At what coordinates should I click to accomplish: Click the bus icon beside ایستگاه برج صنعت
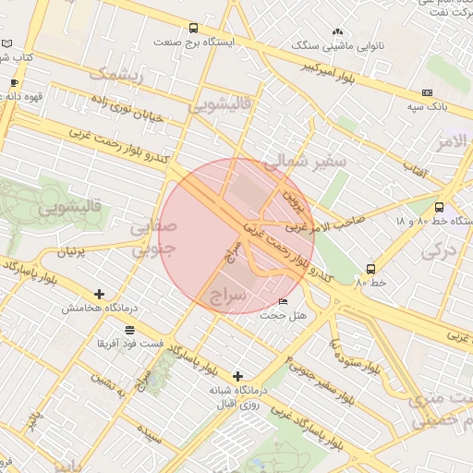(x=193, y=28)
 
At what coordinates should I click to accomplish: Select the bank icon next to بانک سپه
(x=427, y=92)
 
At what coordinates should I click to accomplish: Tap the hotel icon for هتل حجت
(x=283, y=301)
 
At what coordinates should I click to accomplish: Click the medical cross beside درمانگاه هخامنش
(x=99, y=294)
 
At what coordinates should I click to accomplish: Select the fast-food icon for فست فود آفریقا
(x=128, y=329)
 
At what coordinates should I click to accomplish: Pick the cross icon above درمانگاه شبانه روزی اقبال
(x=238, y=376)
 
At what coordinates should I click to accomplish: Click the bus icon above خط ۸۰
(x=370, y=269)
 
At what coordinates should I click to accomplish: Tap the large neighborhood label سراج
(x=229, y=296)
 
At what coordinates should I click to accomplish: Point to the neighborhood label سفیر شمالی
(x=305, y=163)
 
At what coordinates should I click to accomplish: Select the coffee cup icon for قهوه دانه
(x=14, y=83)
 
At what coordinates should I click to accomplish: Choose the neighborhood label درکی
(x=439, y=249)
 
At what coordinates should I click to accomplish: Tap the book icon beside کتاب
(x=7, y=43)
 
